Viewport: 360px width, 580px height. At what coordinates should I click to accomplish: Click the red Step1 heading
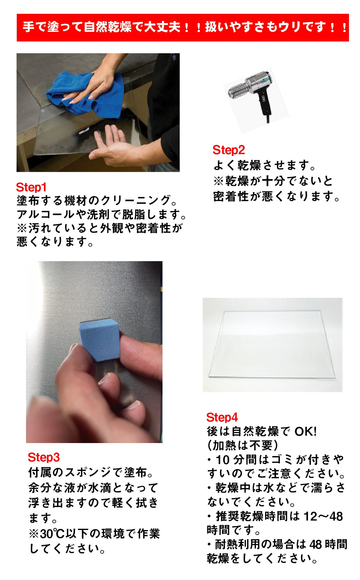click(x=31, y=187)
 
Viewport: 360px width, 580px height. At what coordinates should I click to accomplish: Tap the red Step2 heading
click(x=229, y=150)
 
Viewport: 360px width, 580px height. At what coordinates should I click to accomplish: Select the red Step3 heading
click(x=44, y=457)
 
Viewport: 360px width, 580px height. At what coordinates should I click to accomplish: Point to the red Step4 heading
click(x=222, y=417)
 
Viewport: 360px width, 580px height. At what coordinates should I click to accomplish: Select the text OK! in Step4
click(x=306, y=432)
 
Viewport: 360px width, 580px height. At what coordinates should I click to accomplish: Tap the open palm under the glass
click(x=115, y=146)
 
